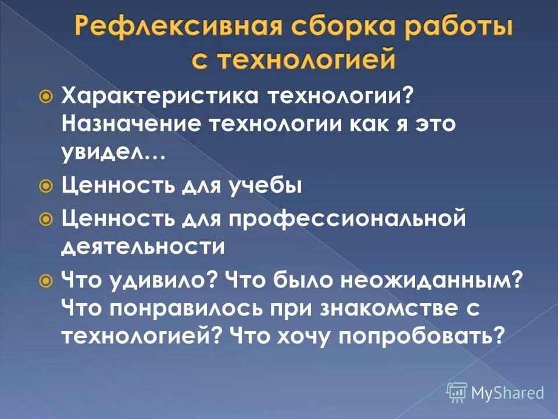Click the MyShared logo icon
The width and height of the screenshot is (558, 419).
457,392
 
